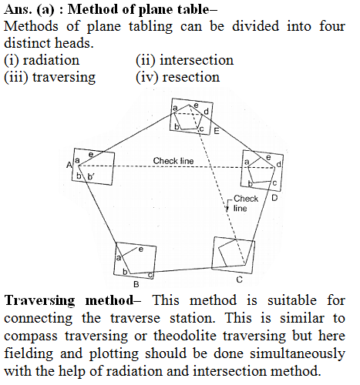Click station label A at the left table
click(69, 165)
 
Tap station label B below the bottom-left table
click(136, 284)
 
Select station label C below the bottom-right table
click(239, 280)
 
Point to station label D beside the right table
click(274, 198)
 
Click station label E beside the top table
click(217, 132)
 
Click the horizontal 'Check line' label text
click(173, 161)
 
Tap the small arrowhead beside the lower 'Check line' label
click(227, 209)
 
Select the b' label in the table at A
click(91, 176)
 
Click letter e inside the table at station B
click(141, 249)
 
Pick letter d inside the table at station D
click(278, 164)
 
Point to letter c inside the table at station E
click(202, 129)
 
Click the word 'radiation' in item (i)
click(51, 60)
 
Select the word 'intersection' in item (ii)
click(197, 60)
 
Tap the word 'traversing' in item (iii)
click(64, 78)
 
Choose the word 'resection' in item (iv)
click(191, 77)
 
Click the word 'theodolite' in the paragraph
click(185, 336)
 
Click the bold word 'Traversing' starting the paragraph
click(40, 301)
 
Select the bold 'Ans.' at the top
click(18, 9)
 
